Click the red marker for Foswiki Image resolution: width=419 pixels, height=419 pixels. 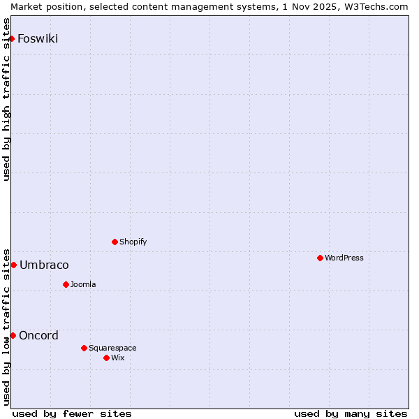tap(11, 38)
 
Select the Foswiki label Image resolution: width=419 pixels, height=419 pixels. tap(38, 38)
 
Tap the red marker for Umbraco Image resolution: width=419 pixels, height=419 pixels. tap(13, 265)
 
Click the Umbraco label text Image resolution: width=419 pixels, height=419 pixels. tap(44, 265)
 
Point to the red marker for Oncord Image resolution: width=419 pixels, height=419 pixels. tap(13, 335)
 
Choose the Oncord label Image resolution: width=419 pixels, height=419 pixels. tap(38, 335)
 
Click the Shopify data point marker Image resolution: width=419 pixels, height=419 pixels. tap(115, 242)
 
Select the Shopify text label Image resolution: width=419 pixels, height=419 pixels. tap(133, 242)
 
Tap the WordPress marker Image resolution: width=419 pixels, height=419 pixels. tap(320, 258)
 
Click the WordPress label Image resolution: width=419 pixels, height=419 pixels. tap(344, 258)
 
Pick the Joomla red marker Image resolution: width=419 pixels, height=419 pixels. tap(66, 284)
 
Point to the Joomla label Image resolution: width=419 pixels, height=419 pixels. tap(83, 284)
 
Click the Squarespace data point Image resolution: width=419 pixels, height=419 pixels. tap(84, 348)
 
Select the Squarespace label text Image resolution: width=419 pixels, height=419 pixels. tap(112, 348)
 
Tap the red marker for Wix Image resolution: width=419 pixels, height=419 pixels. tap(106, 358)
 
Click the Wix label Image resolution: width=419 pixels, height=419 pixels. tap(117, 358)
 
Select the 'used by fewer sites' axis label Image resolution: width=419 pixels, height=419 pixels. tap(72, 413)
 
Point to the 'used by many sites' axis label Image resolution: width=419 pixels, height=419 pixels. tap(351, 413)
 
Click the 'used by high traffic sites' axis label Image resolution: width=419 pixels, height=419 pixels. tap(6, 100)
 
